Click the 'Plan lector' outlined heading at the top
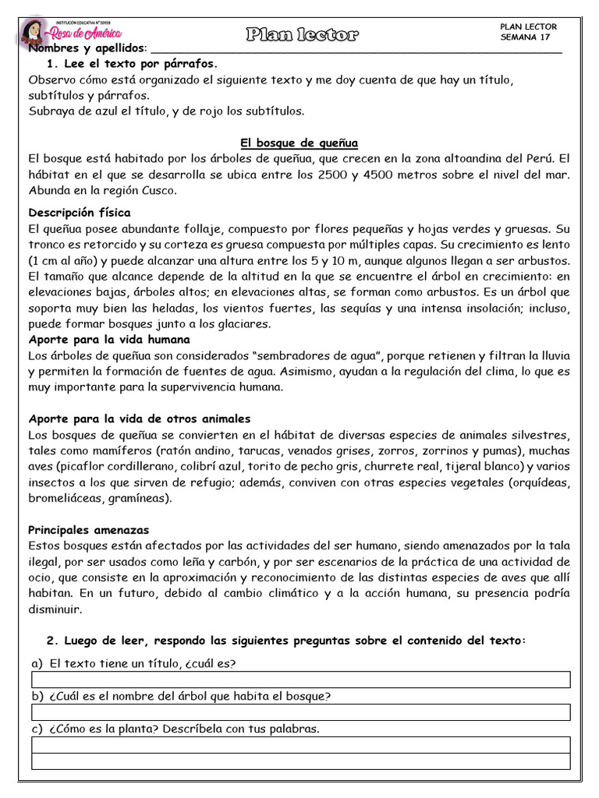point(303,34)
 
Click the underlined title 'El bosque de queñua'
point(299,143)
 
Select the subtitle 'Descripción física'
point(80,213)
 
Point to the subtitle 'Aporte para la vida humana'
point(109,340)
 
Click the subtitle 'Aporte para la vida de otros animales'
point(140,419)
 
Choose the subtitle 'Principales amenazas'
point(88,530)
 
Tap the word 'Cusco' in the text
point(159,191)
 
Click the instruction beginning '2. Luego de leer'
point(286,641)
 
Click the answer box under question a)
point(300,680)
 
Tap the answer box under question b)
point(300,713)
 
